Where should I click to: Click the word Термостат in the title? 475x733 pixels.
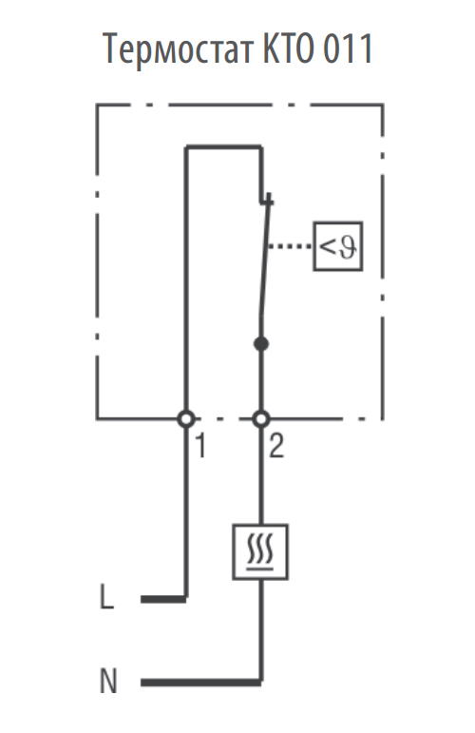click(179, 48)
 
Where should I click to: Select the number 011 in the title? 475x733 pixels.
click(347, 48)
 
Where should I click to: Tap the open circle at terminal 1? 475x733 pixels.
click(186, 419)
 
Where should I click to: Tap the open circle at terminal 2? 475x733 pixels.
click(261, 419)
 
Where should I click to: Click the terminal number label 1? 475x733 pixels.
click(200, 446)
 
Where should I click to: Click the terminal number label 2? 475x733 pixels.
click(276, 446)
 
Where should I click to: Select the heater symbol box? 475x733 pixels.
click(260, 551)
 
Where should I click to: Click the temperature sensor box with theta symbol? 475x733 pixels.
click(337, 246)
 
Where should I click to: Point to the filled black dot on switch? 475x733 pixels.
click(261, 344)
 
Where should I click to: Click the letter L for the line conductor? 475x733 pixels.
click(107, 597)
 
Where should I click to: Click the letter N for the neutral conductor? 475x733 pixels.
click(108, 681)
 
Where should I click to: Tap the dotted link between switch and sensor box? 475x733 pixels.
click(290, 246)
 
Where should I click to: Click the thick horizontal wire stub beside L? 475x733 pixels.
click(163, 599)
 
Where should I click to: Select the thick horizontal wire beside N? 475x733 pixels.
click(201, 683)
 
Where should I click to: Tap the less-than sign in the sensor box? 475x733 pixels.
click(328, 246)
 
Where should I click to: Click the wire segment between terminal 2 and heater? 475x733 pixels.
click(261, 475)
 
